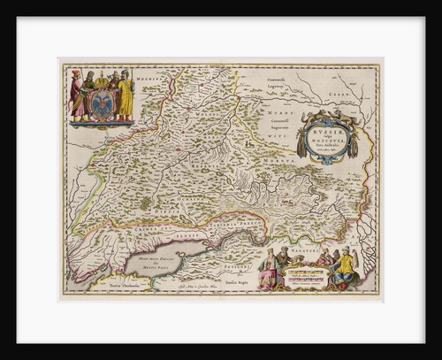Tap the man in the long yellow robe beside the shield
point(126,96)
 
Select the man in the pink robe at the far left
point(77,95)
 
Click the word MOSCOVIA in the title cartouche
point(329,140)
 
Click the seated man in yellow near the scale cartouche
point(345,265)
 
